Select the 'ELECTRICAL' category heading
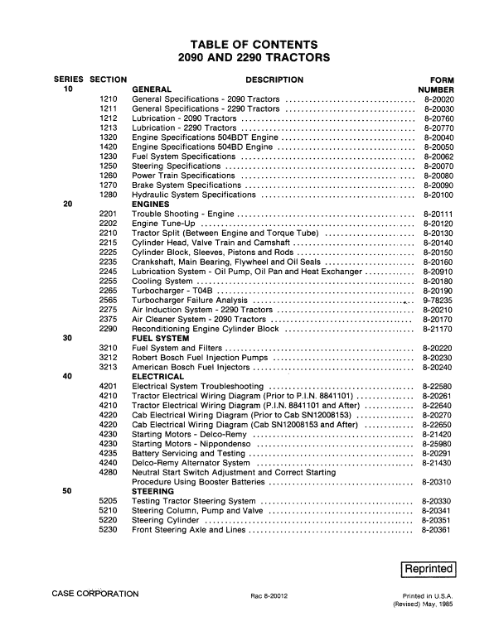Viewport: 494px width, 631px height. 157,376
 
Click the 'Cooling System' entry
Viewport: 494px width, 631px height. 163,279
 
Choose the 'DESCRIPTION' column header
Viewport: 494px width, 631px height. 274,79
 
